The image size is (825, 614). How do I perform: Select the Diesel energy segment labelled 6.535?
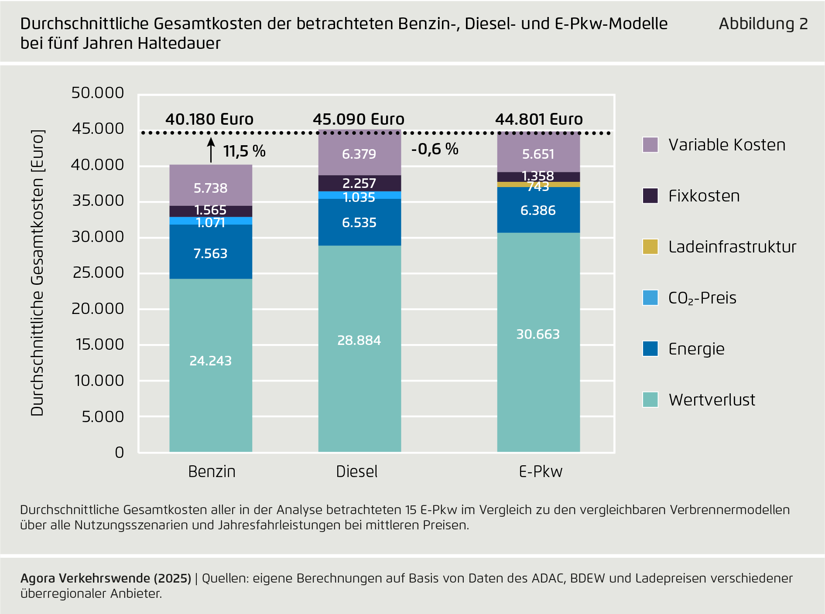click(x=359, y=222)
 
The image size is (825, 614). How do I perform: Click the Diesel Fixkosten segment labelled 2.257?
click(x=359, y=183)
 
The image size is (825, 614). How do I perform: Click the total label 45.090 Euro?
click(x=359, y=119)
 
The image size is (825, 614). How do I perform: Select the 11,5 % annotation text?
click(x=244, y=151)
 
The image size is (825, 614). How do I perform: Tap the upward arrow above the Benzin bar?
click(x=211, y=150)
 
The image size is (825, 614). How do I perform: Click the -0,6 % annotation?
click(x=435, y=149)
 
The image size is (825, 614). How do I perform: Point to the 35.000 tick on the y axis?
click(x=98, y=201)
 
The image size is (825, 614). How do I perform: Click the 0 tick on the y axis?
click(x=119, y=452)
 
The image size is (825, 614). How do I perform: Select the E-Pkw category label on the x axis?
click(x=541, y=471)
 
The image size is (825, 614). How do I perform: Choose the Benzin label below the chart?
click(x=212, y=471)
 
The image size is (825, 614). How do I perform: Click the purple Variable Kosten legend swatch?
click(x=650, y=145)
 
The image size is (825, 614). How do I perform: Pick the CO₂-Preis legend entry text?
click(x=702, y=298)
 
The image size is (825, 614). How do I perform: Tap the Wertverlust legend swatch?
click(x=650, y=399)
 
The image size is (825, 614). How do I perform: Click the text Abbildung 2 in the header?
click(x=763, y=24)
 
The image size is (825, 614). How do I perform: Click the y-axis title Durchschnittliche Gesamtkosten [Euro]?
click(x=38, y=273)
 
